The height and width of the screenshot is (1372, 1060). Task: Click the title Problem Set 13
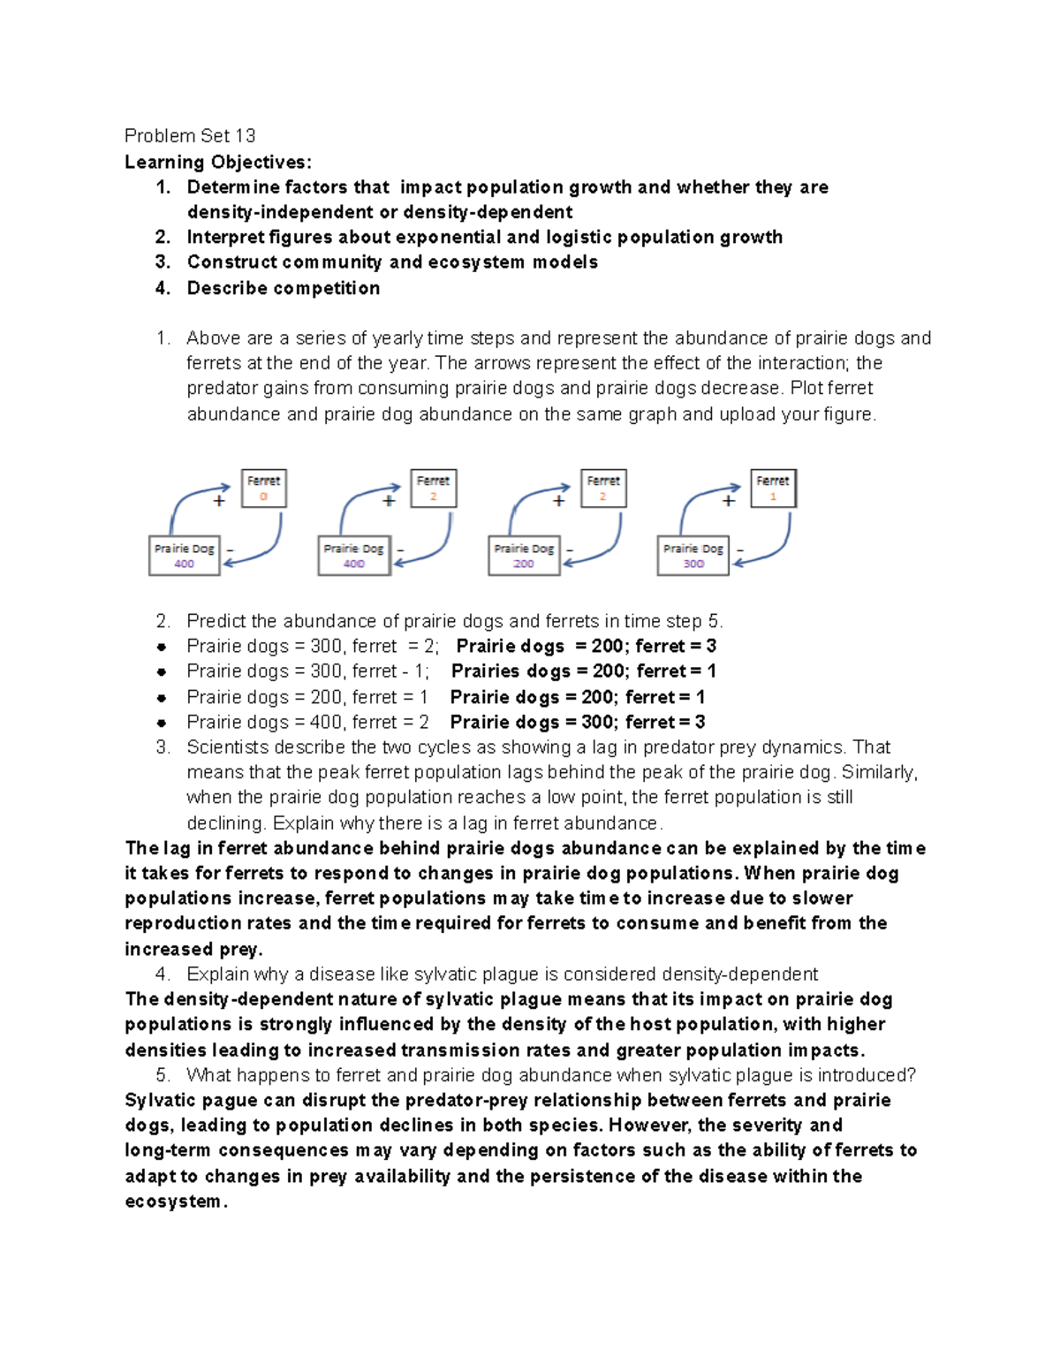190,136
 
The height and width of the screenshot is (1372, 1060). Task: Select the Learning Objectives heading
217,162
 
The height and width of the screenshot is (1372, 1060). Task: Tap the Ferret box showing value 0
263,489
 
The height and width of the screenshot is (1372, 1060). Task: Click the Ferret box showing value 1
773,489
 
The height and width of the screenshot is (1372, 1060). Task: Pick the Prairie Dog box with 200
524,556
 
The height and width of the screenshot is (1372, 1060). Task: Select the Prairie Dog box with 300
693,556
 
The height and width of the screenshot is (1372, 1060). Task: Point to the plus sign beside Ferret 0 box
219,501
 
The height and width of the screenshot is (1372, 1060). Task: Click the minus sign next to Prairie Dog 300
740,550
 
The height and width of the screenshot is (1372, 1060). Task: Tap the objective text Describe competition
284,288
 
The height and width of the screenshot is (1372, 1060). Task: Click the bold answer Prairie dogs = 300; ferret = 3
577,722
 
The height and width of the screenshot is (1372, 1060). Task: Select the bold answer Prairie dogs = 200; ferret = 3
586,646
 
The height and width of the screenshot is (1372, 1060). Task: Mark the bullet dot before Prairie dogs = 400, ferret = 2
162,723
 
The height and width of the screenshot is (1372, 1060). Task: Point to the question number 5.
162,1075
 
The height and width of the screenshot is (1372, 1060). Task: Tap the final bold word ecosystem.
174,1201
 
